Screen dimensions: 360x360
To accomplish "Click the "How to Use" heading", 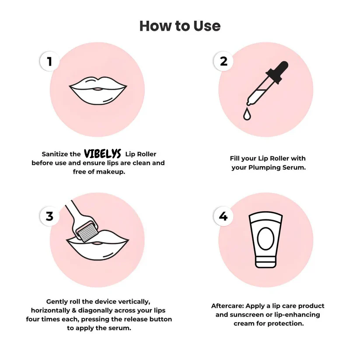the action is pyautogui.click(x=180, y=26).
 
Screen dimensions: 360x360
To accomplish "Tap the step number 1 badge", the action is pyautogui.click(x=49, y=61).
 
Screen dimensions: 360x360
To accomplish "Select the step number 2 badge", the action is pyautogui.click(x=224, y=61).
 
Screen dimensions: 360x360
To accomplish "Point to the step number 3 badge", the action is pyautogui.click(x=49, y=216).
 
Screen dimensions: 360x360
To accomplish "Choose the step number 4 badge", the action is pyautogui.click(x=224, y=216).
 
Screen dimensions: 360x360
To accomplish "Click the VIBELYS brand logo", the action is pyautogui.click(x=103, y=154).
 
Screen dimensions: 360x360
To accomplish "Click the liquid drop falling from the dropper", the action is pyautogui.click(x=247, y=114).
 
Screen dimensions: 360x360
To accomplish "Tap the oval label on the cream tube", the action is pyautogui.click(x=266, y=238).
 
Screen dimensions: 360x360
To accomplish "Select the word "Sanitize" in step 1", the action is pyautogui.click(x=55, y=154).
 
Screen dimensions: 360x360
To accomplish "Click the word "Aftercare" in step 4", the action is pyautogui.click(x=227, y=306).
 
